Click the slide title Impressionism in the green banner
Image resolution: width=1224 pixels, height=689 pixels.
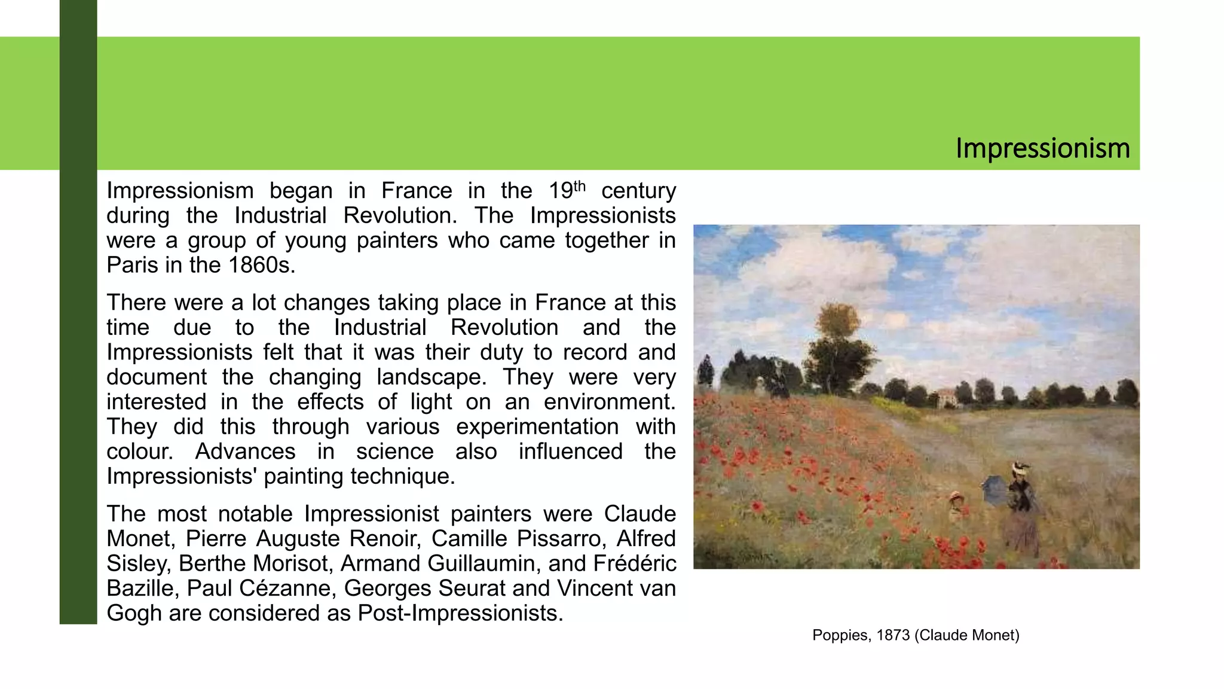(x=1042, y=148)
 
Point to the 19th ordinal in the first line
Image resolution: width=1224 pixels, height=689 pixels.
(x=567, y=191)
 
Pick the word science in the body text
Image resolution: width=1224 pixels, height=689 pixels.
(x=394, y=452)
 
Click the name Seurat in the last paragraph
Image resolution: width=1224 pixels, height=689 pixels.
(x=472, y=589)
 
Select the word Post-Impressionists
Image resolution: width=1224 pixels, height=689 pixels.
(x=460, y=614)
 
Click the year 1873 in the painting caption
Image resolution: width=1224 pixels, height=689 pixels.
(x=893, y=635)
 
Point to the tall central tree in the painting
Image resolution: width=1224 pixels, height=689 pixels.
(x=836, y=347)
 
